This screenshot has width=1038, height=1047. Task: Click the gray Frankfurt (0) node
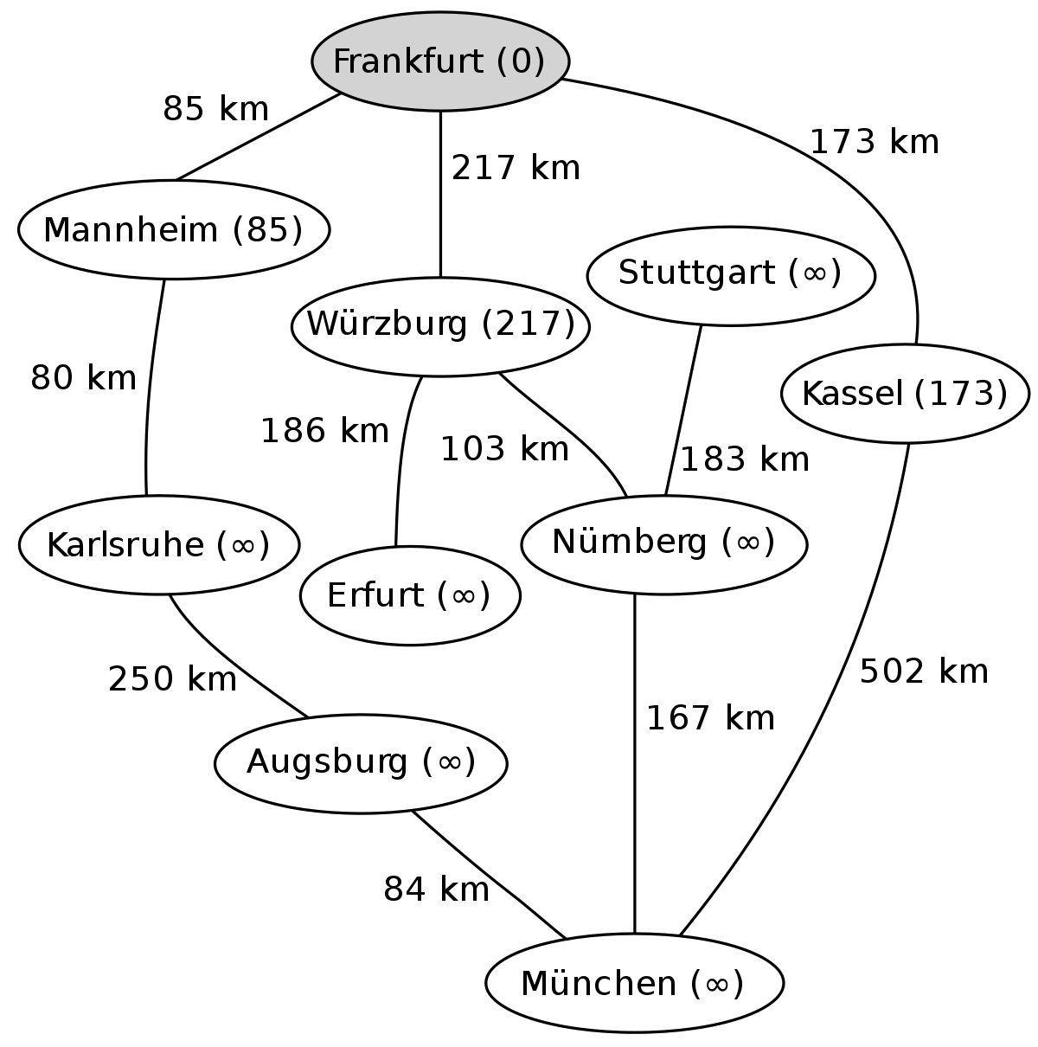(x=440, y=61)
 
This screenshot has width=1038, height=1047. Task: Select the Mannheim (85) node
(x=174, y=230)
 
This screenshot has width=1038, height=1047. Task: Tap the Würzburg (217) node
(x=440, y=326)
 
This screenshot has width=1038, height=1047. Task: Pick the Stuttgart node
(x=731, y=276)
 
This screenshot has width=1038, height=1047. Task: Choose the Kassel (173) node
(x=905, y=394)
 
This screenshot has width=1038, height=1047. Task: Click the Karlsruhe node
(x=158, y=544)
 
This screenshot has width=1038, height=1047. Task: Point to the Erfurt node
(x=410, y=595)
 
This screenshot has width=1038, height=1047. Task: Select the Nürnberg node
(x=663, y=544)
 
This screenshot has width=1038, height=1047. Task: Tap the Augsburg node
(x=361, y=763)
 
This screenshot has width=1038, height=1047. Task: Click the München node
(x=634, y=983)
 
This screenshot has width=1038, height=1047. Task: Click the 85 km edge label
(x=215, y=109)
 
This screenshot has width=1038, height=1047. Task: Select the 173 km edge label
(x=874, y=142)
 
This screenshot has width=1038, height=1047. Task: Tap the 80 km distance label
(x=83, y=377)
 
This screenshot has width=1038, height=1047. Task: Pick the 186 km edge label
(x=325, y=431)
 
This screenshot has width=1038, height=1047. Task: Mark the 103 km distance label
(x=504, y=449)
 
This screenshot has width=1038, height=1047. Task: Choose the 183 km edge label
(x=745, y=459)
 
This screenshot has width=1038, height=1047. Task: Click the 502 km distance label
(x=924, y=671)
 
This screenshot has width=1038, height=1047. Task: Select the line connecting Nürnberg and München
(x=634, y=763)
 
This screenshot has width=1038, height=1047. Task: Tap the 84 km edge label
(x=436, y=890)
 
